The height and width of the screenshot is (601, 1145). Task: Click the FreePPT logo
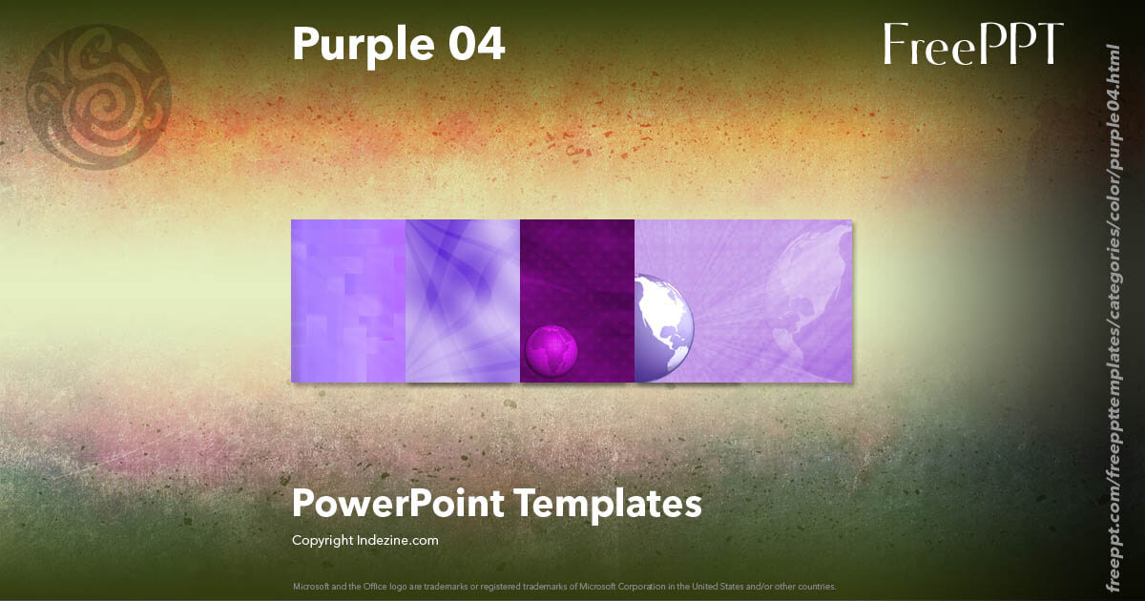pos(972,45)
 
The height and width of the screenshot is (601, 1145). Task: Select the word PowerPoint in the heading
pos(398,504)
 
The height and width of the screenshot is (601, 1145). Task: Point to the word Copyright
pos(322,541)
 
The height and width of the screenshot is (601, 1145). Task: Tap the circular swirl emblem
pos(99,97)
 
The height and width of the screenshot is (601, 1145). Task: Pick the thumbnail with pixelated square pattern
pos(348,300)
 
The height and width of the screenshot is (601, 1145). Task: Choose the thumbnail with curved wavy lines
pos(463,300)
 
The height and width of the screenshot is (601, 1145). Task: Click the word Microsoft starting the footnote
pos(310,586)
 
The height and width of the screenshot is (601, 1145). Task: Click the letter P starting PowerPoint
pos(303,504)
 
